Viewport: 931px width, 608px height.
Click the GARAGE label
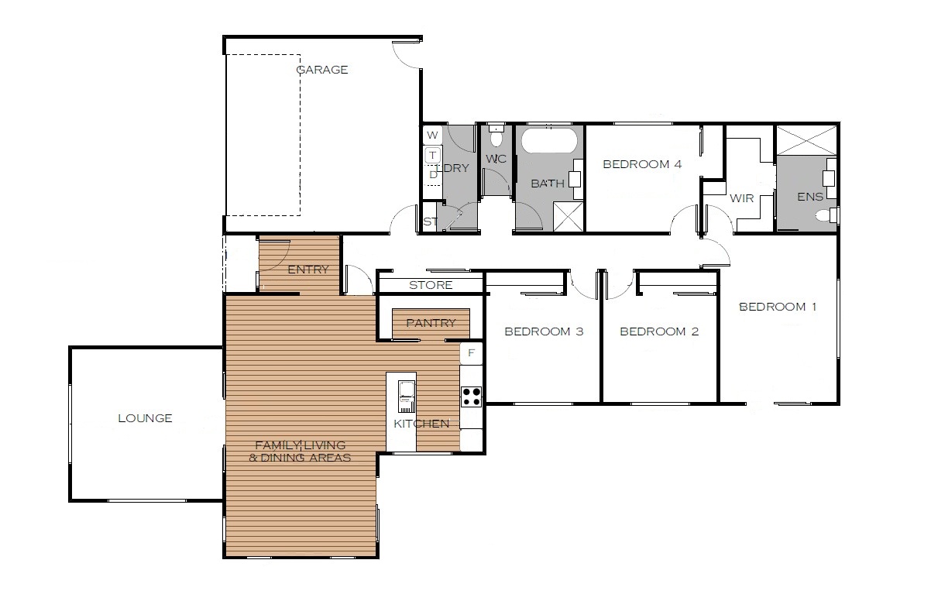tap(322, 70)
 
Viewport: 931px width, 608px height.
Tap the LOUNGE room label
tap(145, 418)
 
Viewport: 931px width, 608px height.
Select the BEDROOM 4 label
tap(642, 164)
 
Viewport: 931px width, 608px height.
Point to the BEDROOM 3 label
tap(544, 331)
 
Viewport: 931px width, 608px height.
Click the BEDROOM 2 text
tap(659, 331)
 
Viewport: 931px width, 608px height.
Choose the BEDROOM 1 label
tap(778, 307)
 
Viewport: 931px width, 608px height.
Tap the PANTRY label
tap(431, 323)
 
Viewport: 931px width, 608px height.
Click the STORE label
tap(431, 285)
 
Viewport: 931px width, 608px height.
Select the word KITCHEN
tap(421, 424)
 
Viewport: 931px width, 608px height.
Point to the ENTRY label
tap(308, 270)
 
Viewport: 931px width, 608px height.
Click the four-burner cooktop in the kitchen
tap(472, 397)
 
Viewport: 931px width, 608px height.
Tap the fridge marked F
tap(472, 353)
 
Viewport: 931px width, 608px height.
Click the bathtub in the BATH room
tap(549, 140)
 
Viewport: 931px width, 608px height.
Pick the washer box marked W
tap(433, 135)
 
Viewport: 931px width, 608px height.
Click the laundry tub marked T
tap(433, 156)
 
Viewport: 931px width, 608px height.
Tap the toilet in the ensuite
tap(826, 215)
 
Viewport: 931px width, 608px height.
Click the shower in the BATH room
tap(569, 215)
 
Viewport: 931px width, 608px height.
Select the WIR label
tap(742, 198)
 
